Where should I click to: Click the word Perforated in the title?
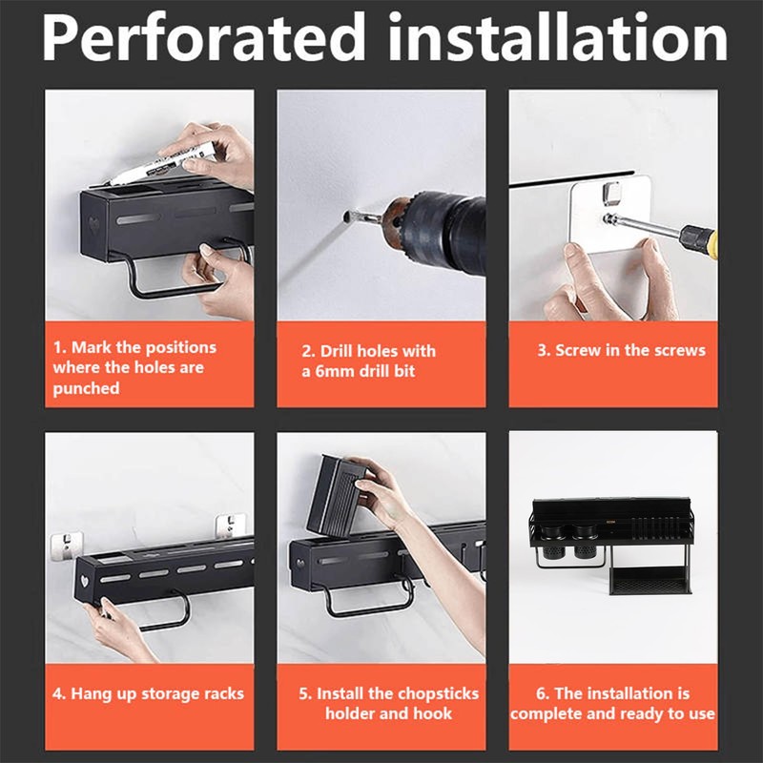click(x=203, y=38)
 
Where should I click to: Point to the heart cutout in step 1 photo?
click(x=93, y=225)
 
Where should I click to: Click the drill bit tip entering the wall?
click(x=347, y=217)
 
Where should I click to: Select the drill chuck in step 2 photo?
click(x=403, y=226)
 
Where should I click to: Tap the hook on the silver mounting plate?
click(x=611, y=193)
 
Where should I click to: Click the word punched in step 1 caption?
click(x=86, y=389)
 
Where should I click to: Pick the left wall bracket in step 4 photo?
click(x=67, y=545)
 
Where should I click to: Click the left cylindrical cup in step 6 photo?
click(x=553, y=541)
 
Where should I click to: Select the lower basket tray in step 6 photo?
click(x=650, y=580)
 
